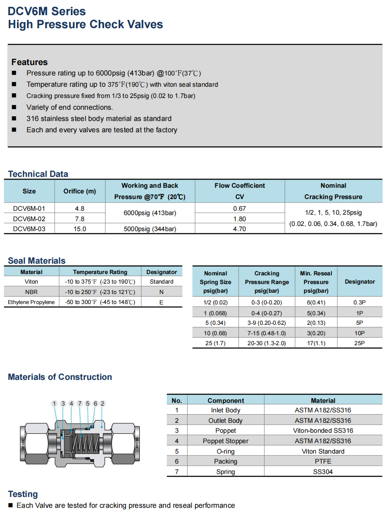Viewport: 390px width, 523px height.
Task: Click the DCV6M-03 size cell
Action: (29, 229)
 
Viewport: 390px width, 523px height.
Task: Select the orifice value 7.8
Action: (80, 219)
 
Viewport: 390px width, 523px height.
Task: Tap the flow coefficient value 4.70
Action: (240, 229)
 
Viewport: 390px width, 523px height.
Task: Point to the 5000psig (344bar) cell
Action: (150, 229)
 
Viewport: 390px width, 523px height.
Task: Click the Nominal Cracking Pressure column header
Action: (333, 191)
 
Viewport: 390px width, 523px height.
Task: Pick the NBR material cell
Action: (31, 292)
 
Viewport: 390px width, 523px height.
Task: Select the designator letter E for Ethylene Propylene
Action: (161, 302)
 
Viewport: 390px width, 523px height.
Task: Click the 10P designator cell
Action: (360, 333)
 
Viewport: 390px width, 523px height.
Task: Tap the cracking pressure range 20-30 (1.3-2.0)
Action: (267, 343)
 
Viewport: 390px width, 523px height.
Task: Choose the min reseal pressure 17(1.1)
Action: (316, 343)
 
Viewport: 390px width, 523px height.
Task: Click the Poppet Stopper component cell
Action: (225, 441)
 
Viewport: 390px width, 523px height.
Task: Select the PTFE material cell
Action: (323, 461)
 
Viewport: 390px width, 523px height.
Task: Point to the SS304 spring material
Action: (323, 472)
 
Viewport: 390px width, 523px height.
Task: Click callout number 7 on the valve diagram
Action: (79, 404)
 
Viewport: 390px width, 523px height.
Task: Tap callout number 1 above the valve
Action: (54, 404)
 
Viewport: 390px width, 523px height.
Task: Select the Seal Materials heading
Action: (36, 261)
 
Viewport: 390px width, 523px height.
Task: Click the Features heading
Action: (30, 62)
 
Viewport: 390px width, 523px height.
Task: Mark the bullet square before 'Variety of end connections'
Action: (14, 107)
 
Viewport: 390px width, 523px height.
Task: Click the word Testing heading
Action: (23, 494)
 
